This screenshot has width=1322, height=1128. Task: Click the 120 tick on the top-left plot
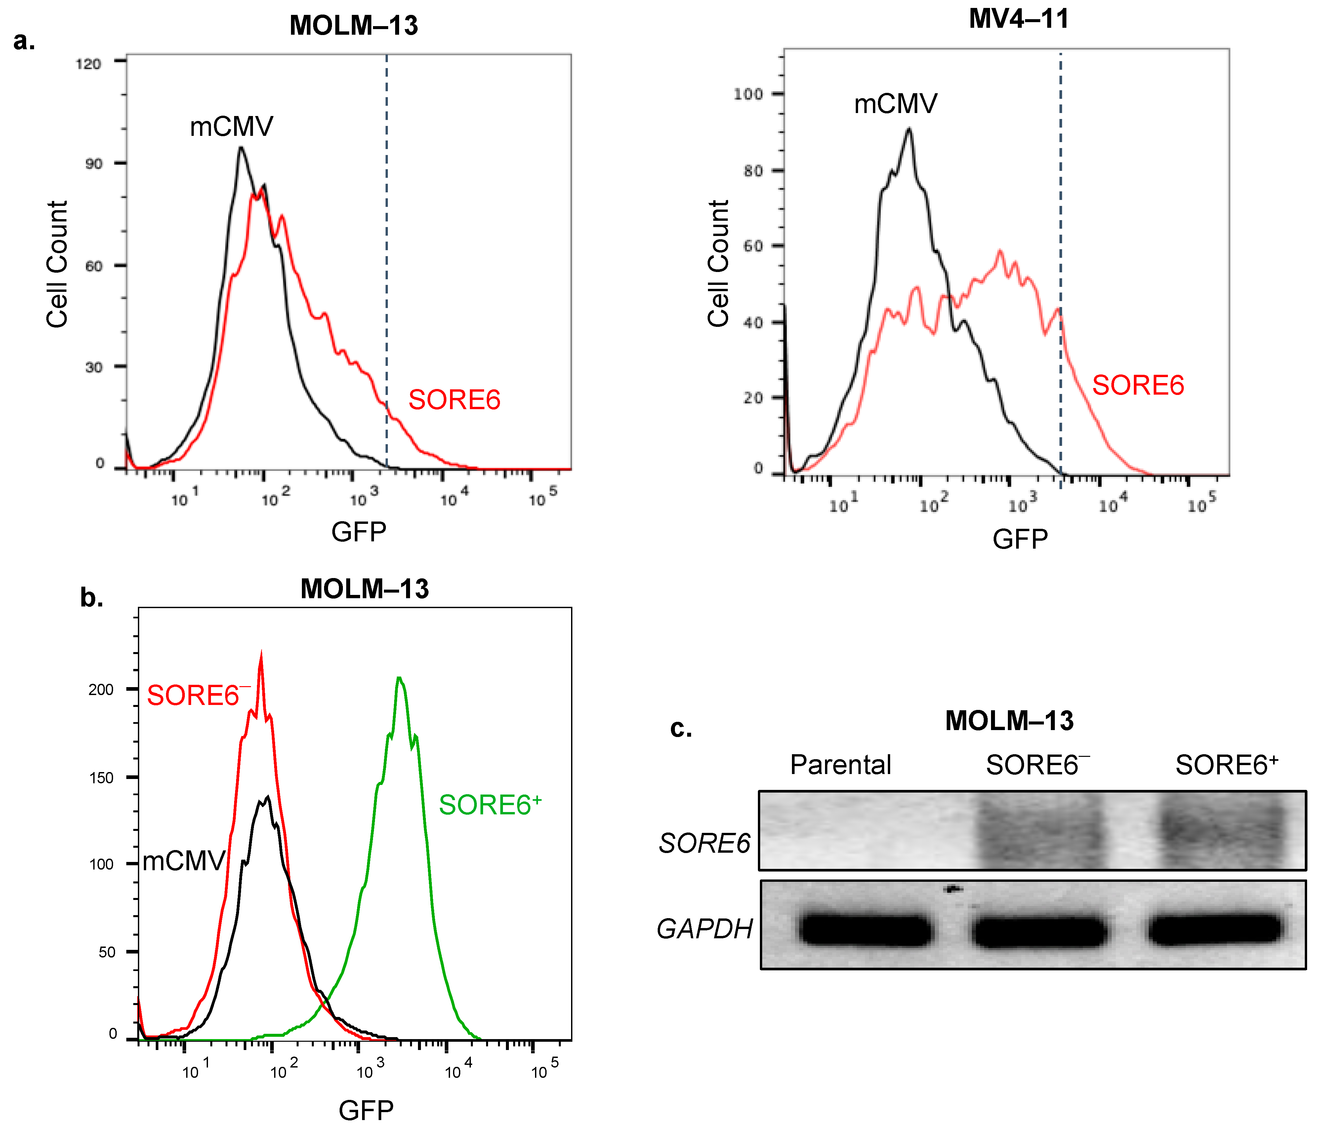coord(89,64)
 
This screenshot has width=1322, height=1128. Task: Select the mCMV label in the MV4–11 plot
coord(895,103)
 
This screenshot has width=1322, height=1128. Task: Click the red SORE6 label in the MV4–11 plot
coord(1137,385)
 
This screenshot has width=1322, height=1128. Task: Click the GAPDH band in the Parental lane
coord(865,929)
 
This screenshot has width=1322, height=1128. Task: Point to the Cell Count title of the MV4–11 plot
coord(718,263)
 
